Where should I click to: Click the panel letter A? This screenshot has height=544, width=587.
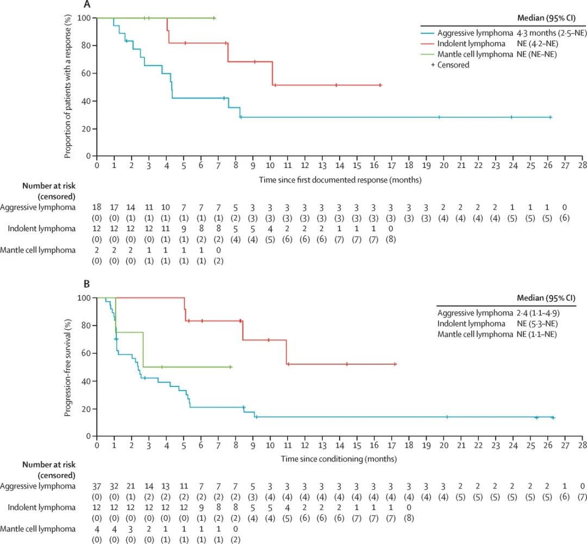86,5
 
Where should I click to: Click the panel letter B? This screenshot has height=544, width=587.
86,284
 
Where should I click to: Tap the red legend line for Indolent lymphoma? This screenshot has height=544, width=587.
432,43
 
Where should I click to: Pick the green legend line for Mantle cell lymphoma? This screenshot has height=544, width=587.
432,54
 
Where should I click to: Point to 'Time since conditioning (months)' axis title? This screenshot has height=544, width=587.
339,458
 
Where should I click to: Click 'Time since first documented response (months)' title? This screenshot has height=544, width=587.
339,178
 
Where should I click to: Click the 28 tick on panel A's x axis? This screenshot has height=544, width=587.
582,165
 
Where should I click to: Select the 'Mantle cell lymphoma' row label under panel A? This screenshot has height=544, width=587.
38,249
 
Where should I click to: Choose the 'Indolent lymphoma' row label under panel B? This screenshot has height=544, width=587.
41,507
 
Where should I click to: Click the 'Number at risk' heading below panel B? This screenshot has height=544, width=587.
48,464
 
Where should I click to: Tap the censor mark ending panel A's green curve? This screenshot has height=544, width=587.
214,18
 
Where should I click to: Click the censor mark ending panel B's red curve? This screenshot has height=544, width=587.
395,364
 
